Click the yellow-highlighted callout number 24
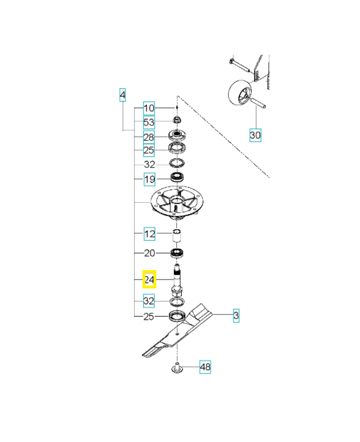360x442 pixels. (x=149, y=280)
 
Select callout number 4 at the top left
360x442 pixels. (x=123, y=96)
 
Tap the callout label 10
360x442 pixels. (x=149, y=108)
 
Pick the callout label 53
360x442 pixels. (x=149, y=122)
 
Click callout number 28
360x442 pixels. (x=149, y=136)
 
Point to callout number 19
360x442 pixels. (x=149, y=179)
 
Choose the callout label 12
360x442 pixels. (x=149, y=234)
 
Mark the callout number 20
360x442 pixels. (x=149, y=253)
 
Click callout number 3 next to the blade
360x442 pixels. (x=236, y=316)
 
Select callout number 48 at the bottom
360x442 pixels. (x=205, y=367)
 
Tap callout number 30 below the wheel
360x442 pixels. (x=255, y=135)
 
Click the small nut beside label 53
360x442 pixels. (x=177, y=120)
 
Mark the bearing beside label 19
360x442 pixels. (x=177, y=178)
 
